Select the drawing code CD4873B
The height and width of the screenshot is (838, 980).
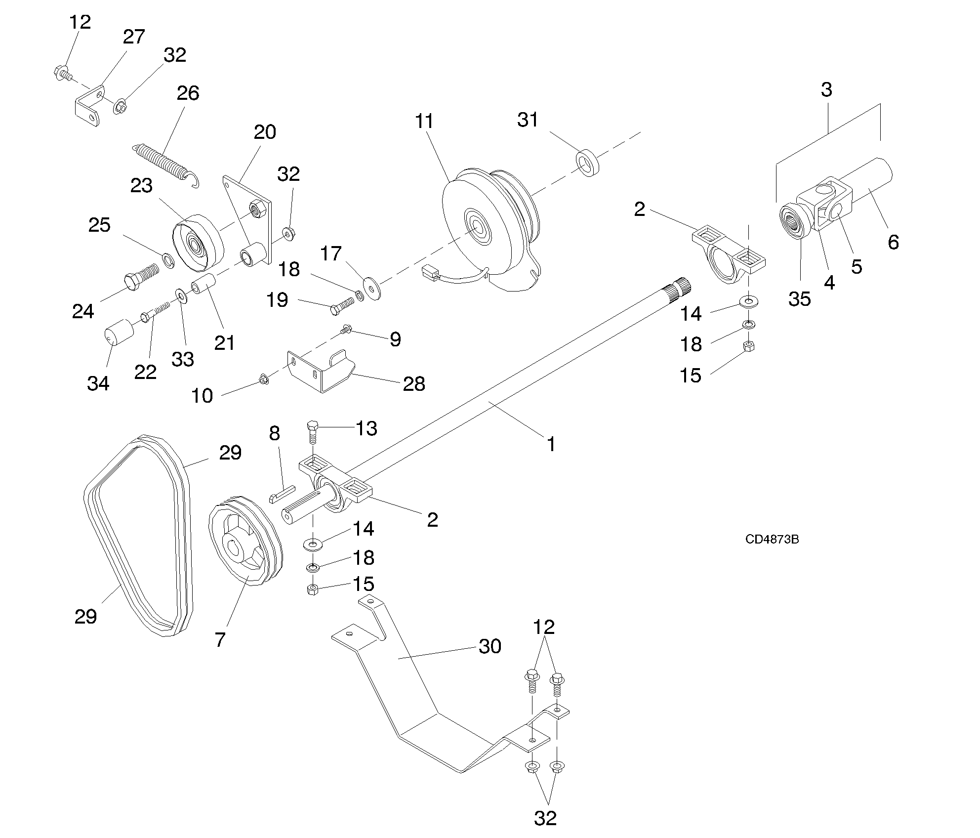click(x=772, y=539)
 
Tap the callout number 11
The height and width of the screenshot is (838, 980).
click(x=424, y=121)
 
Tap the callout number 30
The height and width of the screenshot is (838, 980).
click(x=490, y=646)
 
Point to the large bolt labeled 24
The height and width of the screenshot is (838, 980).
click(x=140, y=276)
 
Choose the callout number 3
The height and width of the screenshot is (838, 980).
click(x=826, y=89)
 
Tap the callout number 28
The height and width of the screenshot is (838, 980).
click(x=414, y=383)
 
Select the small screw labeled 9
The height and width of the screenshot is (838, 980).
click(x=346, y=329)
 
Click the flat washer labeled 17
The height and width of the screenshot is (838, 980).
click(x=371, y=289)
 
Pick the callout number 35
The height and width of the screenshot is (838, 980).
click(x=799, y=299)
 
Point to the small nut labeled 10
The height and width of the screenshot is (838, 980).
click(x=264, y=380)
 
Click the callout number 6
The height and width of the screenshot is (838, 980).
click(x=893, y=242)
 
